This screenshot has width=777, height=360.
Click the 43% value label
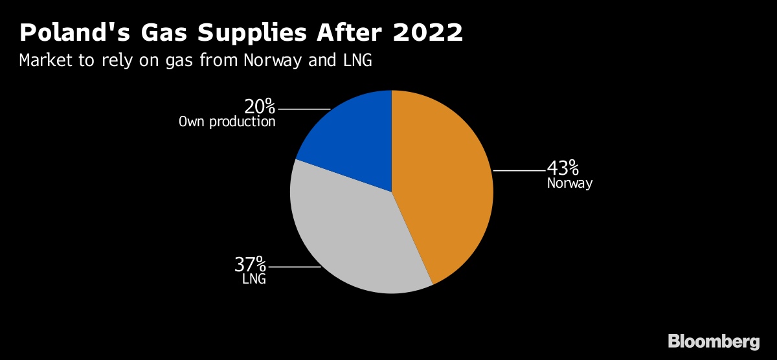click(563, 168)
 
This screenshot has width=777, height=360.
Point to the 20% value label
click(260, 106)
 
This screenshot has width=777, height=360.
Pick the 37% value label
click(250, 264)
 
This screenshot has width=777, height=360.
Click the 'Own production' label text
click(227, 122)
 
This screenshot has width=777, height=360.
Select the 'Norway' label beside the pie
click(570, 183)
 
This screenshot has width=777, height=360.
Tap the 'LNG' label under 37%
click(254, 279)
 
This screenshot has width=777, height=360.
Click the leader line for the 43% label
click(519, 171)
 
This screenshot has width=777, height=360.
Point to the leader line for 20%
click(304, 109)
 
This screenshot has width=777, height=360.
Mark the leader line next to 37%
click(295, 267)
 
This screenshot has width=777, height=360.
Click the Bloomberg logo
click(714, 342)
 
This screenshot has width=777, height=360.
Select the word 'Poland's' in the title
click(74, 32)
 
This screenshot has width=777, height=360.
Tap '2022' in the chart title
click(428, 32)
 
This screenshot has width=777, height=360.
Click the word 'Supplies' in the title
click(252, 33)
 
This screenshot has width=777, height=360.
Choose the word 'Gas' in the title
click(164, 32)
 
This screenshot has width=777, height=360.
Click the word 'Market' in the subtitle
click(46, 60)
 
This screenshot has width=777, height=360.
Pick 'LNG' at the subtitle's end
click(357, 60)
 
